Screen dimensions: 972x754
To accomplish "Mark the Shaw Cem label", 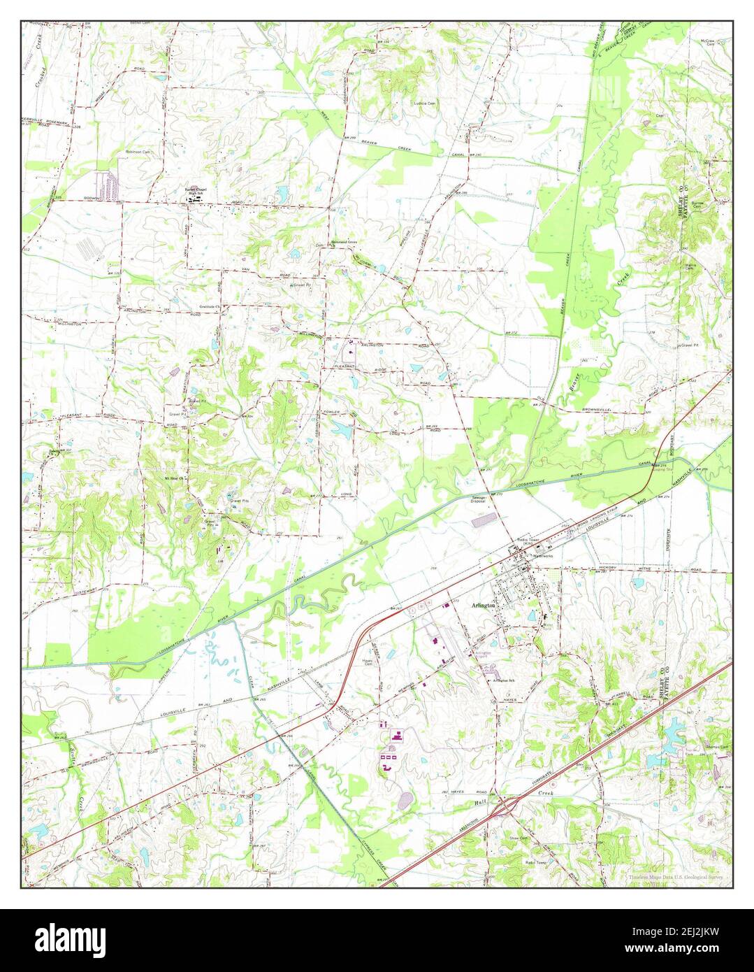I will point(519,837).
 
